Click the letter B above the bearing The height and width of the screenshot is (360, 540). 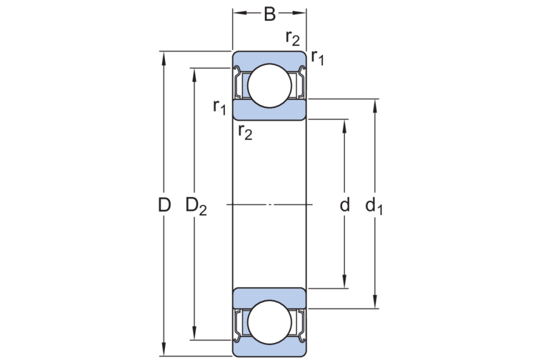coord(269,13)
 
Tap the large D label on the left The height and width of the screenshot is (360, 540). coord(164,206)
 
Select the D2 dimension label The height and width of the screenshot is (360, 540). coord(196,206)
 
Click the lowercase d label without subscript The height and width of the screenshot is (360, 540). coord(344,206)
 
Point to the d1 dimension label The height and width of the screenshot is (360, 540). coord(374,206)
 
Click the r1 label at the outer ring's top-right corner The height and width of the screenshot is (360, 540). coord(317,58)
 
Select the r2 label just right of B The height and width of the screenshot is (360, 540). coord(293,39)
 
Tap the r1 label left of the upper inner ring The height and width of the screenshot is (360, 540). coord(220,107)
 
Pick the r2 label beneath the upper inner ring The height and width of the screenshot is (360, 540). coord(245,131)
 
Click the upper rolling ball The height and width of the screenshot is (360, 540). coord(270,85)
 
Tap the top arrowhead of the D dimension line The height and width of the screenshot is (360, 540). coord(164,56)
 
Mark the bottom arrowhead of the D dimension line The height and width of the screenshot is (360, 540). coord(164,350)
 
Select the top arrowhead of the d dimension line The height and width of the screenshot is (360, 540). coord(345,124)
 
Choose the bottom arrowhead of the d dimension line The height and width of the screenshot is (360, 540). coord(345,283)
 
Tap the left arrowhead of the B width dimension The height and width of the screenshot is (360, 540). coord(238,13)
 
